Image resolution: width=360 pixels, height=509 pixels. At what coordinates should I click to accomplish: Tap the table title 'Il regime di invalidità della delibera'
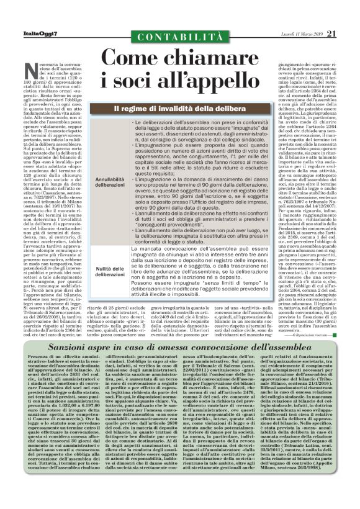coord(180,109)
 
